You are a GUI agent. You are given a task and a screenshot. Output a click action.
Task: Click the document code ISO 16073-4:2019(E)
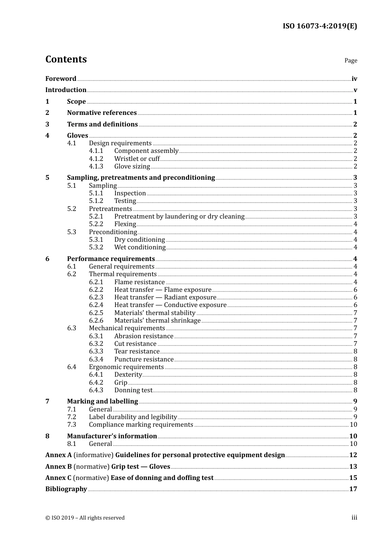[x=320, y=26]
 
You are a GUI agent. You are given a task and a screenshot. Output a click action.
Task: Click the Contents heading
[x=66, y=59]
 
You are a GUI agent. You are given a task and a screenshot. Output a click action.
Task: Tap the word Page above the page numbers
[x=351, y=60]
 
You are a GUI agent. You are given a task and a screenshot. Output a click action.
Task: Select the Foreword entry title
[x=61, y=79]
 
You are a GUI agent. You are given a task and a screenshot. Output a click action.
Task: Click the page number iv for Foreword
[x=354, y=79]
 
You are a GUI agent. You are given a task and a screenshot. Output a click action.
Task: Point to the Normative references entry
[x=102, y=113]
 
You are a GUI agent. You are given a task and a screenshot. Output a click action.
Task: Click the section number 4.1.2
[x=96, y=159]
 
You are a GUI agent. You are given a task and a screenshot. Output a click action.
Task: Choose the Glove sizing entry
[x=132, y=167]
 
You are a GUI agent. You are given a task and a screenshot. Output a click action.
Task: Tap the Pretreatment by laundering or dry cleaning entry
[x=179, y=217]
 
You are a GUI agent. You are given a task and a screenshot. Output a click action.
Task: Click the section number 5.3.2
[x=96, y=247]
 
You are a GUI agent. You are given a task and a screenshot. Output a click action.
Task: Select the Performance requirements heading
[x=111, y=259]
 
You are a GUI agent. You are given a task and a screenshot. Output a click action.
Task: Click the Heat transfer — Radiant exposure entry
[x=165, y=297]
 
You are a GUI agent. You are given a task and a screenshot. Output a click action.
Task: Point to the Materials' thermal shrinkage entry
[x=157, y=321]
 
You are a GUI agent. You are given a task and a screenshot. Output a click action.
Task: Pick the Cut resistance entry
[x=135, y=344]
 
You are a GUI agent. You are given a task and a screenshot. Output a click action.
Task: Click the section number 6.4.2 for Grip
[x=96, y=383]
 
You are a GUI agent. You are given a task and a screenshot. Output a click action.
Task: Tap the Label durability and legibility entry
[x=133, y=417]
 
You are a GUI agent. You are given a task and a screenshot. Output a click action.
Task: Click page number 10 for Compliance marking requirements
[x=353, y=425]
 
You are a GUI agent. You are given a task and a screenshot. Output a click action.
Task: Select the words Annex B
[x=59, y=467]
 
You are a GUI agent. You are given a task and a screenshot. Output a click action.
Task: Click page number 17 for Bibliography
[x=353, y=489]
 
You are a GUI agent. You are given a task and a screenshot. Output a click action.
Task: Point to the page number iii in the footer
[x=354, y=518]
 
